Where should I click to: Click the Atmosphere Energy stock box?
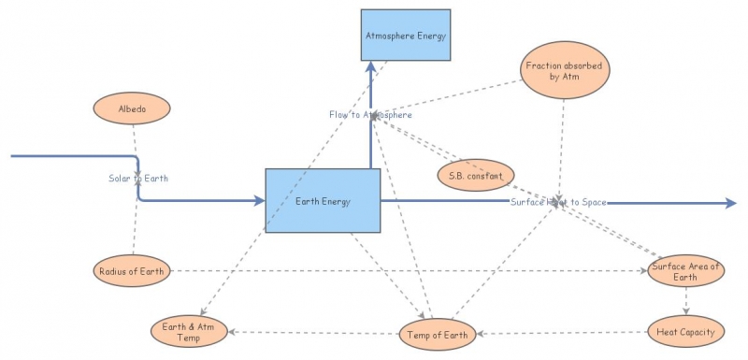[x=406, y=36]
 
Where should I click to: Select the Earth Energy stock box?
[x=323, y=200]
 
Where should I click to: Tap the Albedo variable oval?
[x=132, y=108]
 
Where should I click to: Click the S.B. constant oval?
[x=476, y=175]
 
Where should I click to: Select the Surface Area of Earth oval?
[x=687, y=271]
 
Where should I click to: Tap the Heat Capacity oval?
[x=685, y=331]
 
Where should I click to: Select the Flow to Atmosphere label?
[x=370, y=114]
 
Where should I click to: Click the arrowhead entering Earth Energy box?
[x=258, y=200]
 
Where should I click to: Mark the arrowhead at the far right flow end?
[x=730, y=201]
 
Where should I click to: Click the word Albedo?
[x=132, y=108]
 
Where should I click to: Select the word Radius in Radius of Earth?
[x=115, y=271]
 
